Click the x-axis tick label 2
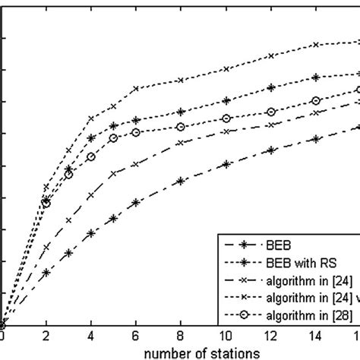(x=46, y=336)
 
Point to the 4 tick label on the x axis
(x=91, y=336)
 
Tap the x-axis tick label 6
(x=136, y=336)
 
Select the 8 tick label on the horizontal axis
(x=181, y=336)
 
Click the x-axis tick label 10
(x=226, y=336)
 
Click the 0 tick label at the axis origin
(x=2, y=336)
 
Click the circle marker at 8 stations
(x=181, y=127)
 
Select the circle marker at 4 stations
(x=91, y=156)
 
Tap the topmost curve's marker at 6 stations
(x=136, y=89)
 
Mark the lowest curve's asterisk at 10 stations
(x=226, y=164)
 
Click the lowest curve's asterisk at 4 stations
(x=91, y=234)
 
